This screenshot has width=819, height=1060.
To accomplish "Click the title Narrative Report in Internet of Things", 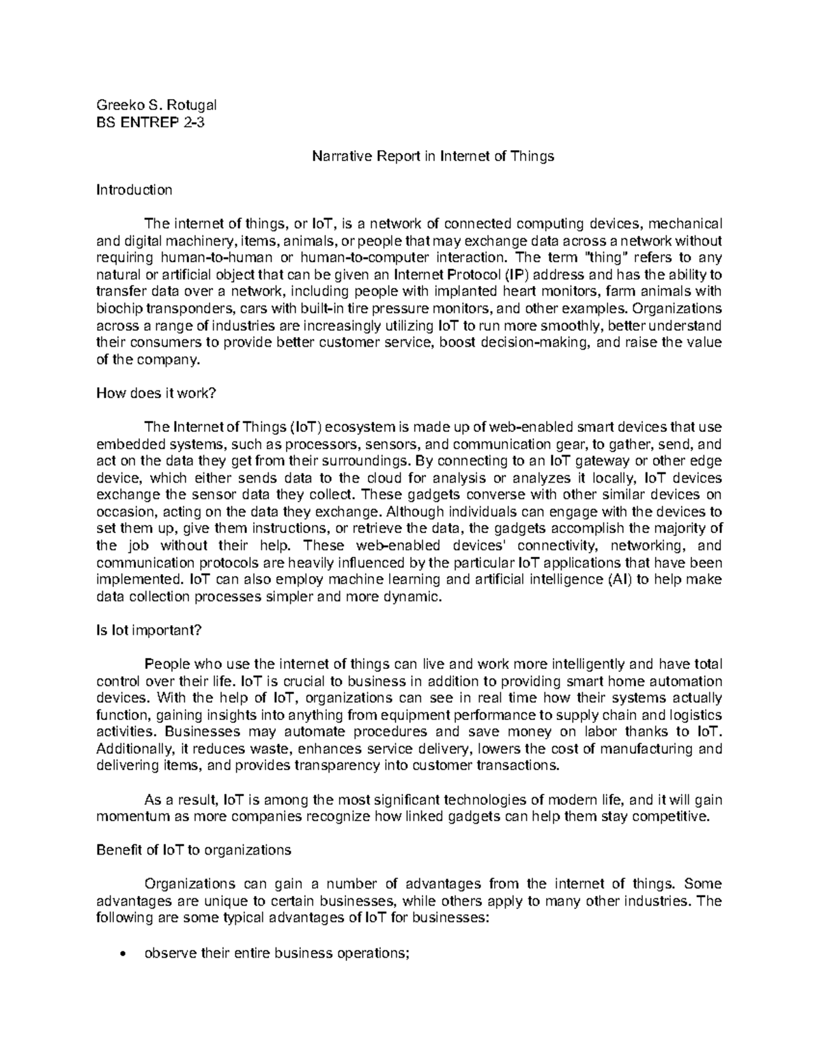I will [433, 156].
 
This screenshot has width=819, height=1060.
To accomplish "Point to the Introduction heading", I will [134, 190].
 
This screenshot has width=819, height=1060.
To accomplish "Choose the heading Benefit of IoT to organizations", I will [194, 850].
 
